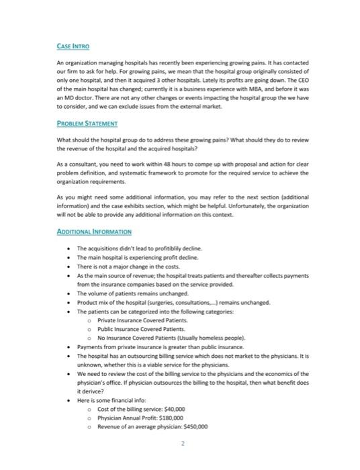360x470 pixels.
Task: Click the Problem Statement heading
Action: coord(87,124)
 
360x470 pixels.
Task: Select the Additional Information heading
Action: coord(93,230)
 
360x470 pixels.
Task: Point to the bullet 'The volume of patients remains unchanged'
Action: coord(134,293)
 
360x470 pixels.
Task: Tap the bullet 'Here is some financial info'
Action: coord(114,399)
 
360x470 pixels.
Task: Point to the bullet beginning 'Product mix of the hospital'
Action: coord(173,302)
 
